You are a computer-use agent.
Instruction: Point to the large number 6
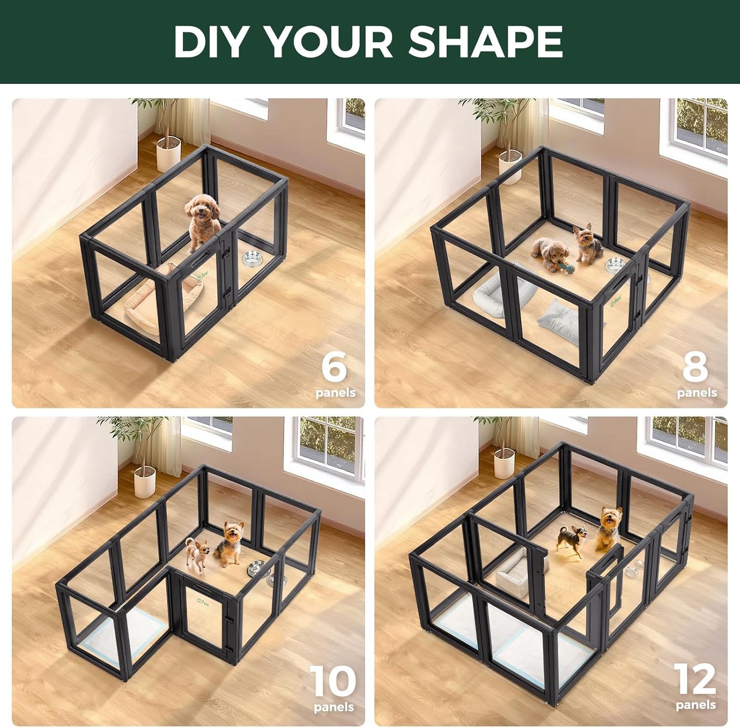tap(334, 367)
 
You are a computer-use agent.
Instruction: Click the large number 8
tap(695, 367)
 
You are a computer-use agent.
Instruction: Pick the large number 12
tap(695, 679)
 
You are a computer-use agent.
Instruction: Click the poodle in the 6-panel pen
tap(202, 222)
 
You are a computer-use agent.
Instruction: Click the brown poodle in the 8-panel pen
tap(549, 252)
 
